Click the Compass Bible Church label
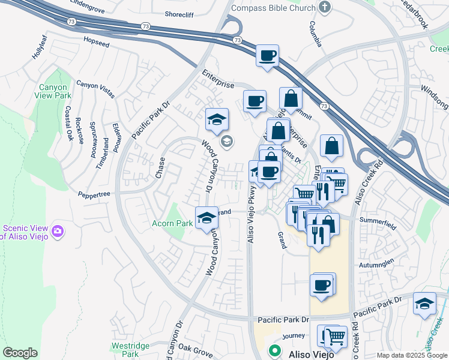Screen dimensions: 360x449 (273, 8)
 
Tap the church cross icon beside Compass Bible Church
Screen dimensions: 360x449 (325, 8)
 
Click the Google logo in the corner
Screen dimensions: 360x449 (20, 353)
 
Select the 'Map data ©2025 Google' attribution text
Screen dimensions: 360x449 (411, 355)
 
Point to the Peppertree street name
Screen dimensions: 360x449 (94, 194)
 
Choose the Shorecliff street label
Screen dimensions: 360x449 (182, 15)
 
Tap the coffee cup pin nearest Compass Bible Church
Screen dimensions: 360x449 (268, 56)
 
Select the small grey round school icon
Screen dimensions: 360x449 (227, 142)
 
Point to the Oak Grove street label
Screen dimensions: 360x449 (191, 348)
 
